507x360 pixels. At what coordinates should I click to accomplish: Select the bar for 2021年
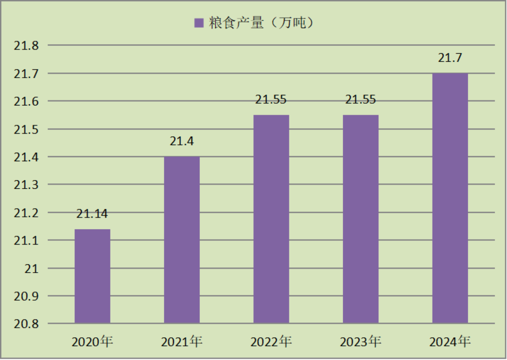(x=182, y=240)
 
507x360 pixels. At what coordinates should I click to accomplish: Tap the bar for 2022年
(x=271, y=219)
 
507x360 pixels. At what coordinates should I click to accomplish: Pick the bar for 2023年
(x=361, y=219)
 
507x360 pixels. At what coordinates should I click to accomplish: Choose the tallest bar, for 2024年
(x=450, y=198)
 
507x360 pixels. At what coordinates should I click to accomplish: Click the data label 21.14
(x=92, y=214)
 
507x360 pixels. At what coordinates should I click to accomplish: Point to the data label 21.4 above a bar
(x=182, y=141)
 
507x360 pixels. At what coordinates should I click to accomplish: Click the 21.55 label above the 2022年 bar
(x=271, y=100)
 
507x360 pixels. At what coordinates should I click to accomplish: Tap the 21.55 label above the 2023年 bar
(x=361, y=100)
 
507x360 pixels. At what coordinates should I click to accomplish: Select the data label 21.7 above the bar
(x=450, y=58)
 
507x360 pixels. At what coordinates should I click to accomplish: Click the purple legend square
(x=199, y=23)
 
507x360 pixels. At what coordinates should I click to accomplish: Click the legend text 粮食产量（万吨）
(x=261, y=23)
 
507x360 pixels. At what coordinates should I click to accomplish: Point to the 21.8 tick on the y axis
(x=26, y=46)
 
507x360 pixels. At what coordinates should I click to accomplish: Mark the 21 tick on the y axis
(x=31, y=269)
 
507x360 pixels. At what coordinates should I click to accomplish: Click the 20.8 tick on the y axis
(x=26, y=324)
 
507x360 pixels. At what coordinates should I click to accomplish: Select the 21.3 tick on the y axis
(x=26, y=185)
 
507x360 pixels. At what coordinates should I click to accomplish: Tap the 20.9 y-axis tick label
(x=26, y=296)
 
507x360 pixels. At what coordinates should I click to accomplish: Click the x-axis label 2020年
(x=92, y=341)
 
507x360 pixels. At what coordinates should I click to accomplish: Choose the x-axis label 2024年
(x=450, y=341)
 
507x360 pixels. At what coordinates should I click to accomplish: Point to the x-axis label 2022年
(x=271, y=341)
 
